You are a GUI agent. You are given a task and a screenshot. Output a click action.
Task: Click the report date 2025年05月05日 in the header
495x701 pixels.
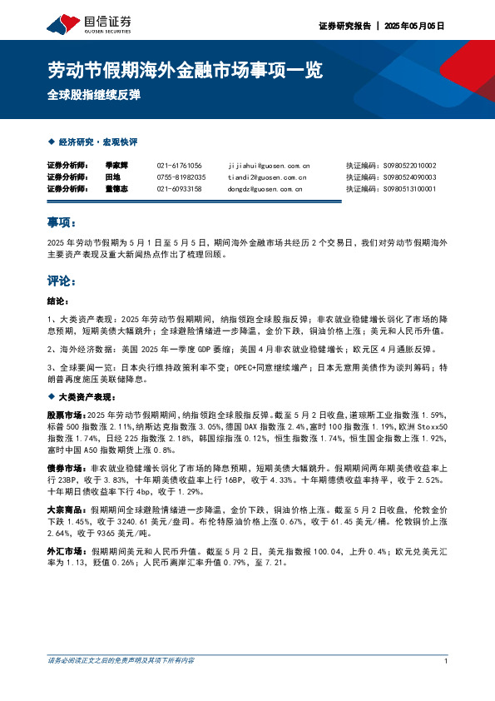[x=413, y=26]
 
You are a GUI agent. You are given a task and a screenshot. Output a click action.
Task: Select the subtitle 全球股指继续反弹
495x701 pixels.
[x=93, y=93]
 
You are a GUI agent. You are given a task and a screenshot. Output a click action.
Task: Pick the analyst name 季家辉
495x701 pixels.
[x=116, y=166]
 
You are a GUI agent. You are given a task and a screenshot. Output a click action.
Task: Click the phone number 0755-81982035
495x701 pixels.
[x=181, y=177]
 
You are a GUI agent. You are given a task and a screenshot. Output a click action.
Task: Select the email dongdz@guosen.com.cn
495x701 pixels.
[x=263, y=189]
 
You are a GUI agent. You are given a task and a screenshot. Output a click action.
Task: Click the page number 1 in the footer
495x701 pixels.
[x=447, y=661]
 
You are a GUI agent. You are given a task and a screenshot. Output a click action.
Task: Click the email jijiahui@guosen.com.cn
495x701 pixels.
[x=268, y=166]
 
